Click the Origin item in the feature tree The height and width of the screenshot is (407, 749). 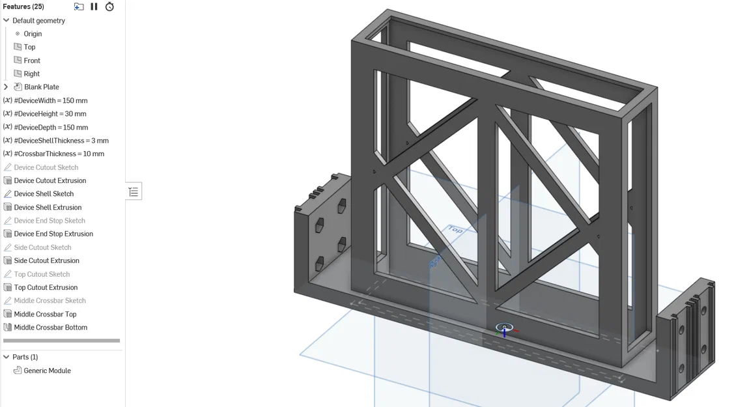click(33, 34)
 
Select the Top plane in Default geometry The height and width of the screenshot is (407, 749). click(29, 47)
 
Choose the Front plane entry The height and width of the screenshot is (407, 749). click(32, 61)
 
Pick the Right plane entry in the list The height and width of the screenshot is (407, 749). click(32, 74)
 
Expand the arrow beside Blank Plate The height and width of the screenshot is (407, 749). click(6, 87)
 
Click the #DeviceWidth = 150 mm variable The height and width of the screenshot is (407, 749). click(50, 100)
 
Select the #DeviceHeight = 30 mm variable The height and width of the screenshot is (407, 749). click(49, 114)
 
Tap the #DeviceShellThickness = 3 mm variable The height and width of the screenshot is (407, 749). click(61, 141)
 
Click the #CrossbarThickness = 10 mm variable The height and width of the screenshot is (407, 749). click(59, 154)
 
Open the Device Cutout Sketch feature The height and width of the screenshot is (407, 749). click(46, 167)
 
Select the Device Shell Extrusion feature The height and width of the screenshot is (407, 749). click(48, 207)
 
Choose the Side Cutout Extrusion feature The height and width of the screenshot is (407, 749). click(46, 260)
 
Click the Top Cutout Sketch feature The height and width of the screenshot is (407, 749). click(42, 274)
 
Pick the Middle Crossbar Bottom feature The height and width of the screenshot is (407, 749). click(50, 328)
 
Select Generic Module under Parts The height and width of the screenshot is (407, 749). click(47, 371)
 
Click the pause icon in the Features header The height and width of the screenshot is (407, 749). click(94, 7)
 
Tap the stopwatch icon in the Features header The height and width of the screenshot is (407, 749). click(109, 7)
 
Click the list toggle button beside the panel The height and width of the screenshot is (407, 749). click(134, 191)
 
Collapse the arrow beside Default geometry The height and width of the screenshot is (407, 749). click(6, 20)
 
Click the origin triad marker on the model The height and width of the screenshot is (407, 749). click(504, 328)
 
